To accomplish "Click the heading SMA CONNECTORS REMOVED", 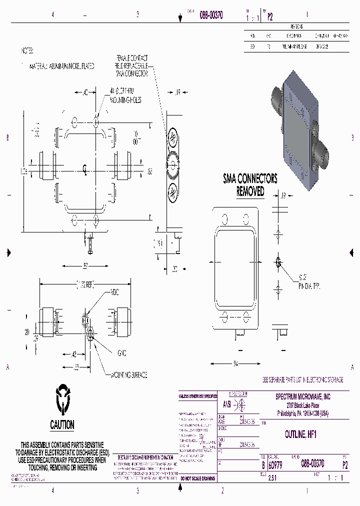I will click(249, 185).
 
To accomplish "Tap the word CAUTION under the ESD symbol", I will click(62, 425).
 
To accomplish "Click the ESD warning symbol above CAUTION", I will click(62, 396).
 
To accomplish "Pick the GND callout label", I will click(121, 353).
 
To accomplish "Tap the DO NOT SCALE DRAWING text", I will click(197, 478).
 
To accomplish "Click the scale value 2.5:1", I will click(272, 478).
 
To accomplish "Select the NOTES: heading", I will click(27, 51).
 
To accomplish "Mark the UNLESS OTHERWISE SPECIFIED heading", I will click(197, 396).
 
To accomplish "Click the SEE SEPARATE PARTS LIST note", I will click(303, 380).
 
